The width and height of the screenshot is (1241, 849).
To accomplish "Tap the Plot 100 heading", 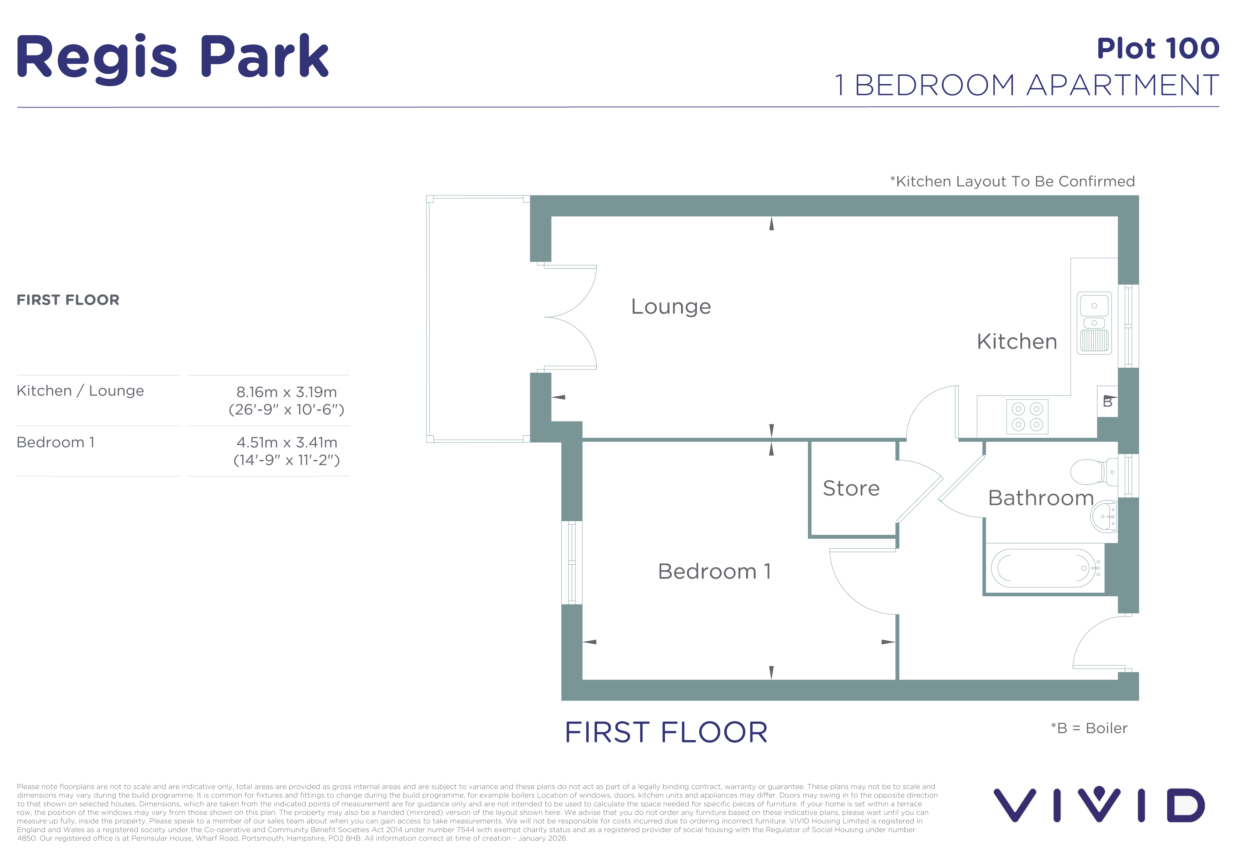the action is (1158, 49).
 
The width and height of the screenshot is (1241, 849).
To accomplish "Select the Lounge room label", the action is (671, 307).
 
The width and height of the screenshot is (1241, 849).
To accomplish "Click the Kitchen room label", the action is (1017, 341).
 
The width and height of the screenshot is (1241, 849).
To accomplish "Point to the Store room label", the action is (851, 488).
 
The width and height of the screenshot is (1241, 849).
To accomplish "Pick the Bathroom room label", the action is (1041, 498).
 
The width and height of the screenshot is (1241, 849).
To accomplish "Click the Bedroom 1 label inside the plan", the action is (714, 572).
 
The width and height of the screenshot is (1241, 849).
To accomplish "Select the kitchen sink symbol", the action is (1094, 323).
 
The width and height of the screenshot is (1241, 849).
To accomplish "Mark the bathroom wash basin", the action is (1104, 517).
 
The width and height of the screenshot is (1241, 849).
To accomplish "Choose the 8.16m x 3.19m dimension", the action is (287, 392).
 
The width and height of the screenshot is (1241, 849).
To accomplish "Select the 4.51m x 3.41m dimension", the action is (287, 443).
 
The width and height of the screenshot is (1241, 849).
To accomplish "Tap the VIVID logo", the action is (1099, 805).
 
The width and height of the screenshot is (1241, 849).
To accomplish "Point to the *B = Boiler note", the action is (1089, 728).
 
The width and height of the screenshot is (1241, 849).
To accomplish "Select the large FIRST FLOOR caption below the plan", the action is (666, 733).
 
